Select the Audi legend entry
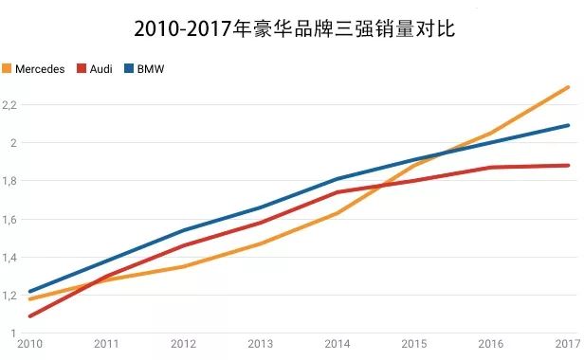pos(95,69)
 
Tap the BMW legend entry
pos(145,69)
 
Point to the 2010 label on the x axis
pos(28,343)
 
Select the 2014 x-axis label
pos(337,343)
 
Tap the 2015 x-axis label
pos(413,343)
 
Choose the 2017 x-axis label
pos(568,343)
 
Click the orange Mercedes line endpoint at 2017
pos(568,87)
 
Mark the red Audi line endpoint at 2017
pos(568,165)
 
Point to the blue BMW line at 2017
pos(568,125)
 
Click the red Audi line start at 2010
pos(29,315)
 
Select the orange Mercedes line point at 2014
pos(337,213)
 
